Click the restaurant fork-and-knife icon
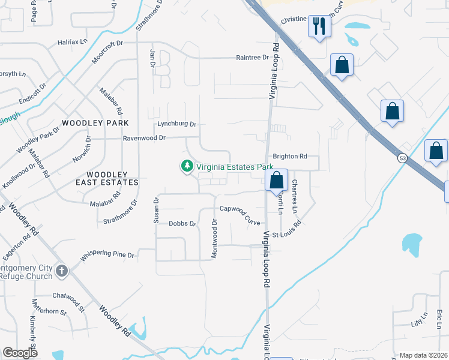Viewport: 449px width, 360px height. click(x=319, y=26)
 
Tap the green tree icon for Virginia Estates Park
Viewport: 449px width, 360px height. click(x=187, y=166)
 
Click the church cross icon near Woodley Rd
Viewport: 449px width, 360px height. click(x=61, y=271)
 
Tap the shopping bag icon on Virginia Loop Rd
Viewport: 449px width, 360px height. click(x=276, y=179)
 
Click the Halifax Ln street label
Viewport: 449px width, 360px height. click(x=73, y=43)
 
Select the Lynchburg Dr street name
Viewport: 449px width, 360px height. click(x=176, y=124)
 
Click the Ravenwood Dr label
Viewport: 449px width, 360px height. click(x=143, y=137)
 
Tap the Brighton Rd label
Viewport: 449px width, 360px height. click(x=290, y=156)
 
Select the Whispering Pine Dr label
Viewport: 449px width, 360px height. click(x=107, y=255)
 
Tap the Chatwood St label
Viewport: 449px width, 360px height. click(x=68, y=295)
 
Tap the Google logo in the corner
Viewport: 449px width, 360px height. click(x=20, y=353)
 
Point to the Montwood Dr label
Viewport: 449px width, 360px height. click(x=214, y=239)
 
